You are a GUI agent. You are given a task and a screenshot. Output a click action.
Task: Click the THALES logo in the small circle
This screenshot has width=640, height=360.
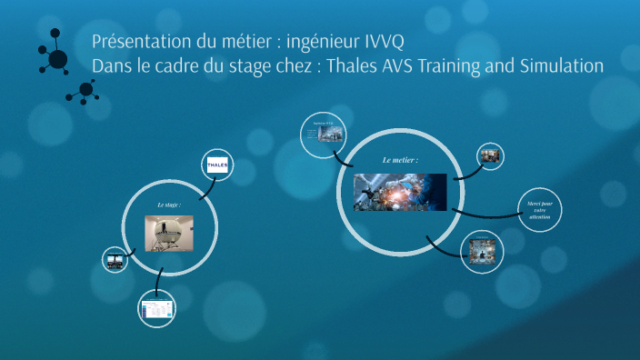tap(219, 165)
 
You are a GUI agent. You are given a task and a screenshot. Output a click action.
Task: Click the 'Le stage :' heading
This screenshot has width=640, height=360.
tap(169, 205)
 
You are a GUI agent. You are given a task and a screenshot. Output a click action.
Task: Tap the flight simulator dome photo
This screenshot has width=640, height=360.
tap(170, 234)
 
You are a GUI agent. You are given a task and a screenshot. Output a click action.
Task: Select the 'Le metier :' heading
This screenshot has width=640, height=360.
tap(400, 160)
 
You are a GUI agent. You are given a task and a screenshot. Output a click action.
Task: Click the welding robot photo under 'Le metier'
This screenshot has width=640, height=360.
tap(400, 192)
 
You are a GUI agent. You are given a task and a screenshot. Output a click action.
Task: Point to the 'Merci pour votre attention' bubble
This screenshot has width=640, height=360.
tap(538, 211)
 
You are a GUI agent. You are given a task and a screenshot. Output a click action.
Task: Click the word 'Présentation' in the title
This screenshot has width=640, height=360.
tap(137, 44)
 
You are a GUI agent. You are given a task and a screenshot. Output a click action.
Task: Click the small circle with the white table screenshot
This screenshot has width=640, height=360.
tap(156, 310)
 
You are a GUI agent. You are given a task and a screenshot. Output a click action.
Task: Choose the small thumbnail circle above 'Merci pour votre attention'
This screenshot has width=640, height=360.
tap(491, 155)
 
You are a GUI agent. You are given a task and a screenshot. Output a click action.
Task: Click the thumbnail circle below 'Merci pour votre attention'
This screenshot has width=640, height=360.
tap(482, 250)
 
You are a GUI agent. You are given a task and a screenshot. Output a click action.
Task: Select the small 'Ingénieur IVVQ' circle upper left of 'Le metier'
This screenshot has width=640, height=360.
tap(325, 135)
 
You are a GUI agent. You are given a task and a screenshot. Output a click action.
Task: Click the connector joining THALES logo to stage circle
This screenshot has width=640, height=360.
tap(205, 187)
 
